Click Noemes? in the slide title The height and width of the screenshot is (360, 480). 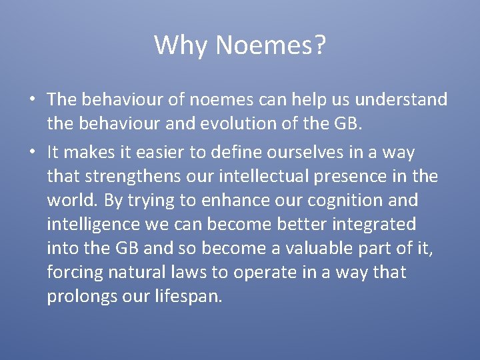[x=271, y=45]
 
